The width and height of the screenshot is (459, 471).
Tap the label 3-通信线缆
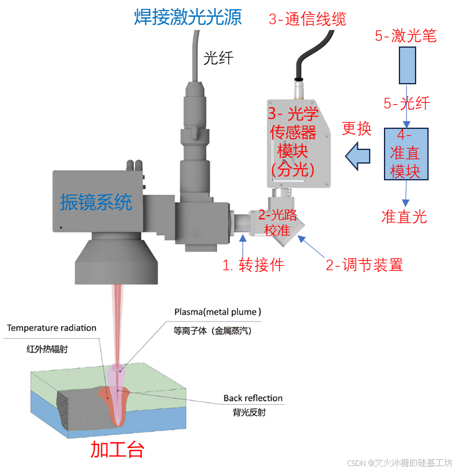click(306, 19)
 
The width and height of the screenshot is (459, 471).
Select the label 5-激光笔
click(406, 36)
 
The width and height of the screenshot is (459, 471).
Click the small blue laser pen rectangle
click(407, 65)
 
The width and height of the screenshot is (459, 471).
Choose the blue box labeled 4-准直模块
click(406, 154)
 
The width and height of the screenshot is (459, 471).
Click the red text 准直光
click(404, 216)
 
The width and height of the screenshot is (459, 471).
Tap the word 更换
click(357, 129)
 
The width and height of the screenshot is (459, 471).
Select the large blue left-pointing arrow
click(359, 156)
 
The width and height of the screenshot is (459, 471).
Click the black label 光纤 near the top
click(217, 58)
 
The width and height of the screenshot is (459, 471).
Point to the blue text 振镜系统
click(96, 202)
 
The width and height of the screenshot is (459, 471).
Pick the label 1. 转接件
click(253, 265)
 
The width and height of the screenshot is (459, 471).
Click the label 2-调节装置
click(365, 265)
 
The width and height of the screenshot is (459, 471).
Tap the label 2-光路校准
click(277, 222)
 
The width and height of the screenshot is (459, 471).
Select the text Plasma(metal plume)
click(218, 311)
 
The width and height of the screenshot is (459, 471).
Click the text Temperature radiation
click(52, 327)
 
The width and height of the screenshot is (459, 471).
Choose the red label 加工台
click(117, 449)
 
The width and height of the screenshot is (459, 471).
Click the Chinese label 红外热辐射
click(47, 349)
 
